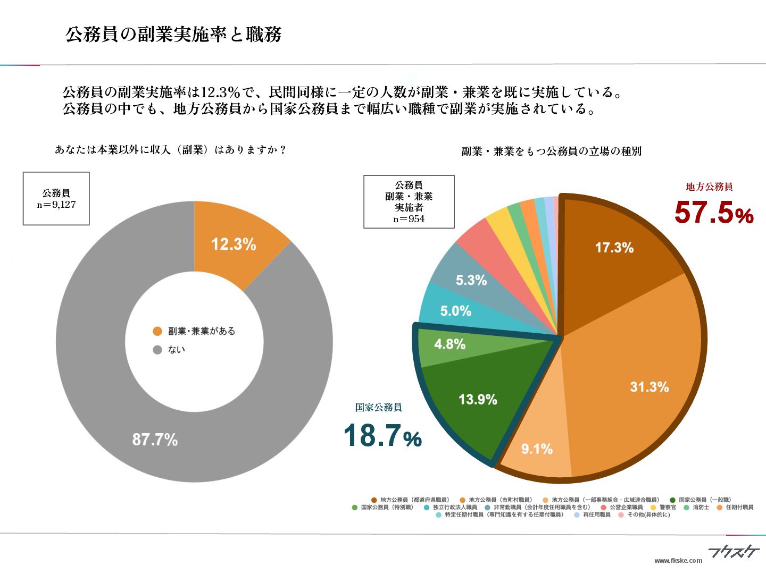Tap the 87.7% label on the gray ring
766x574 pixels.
coord(155,440)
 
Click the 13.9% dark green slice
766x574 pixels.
coord(478,399)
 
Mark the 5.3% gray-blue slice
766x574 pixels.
coord(471,280)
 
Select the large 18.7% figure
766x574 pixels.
coord(382,436)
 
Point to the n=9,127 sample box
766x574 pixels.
coord(56,199)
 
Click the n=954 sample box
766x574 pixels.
coord(409,202)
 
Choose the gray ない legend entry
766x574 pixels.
coord(176,350)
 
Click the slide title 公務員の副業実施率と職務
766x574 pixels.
coord(173,35)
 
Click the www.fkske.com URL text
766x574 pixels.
coord(678,560)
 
